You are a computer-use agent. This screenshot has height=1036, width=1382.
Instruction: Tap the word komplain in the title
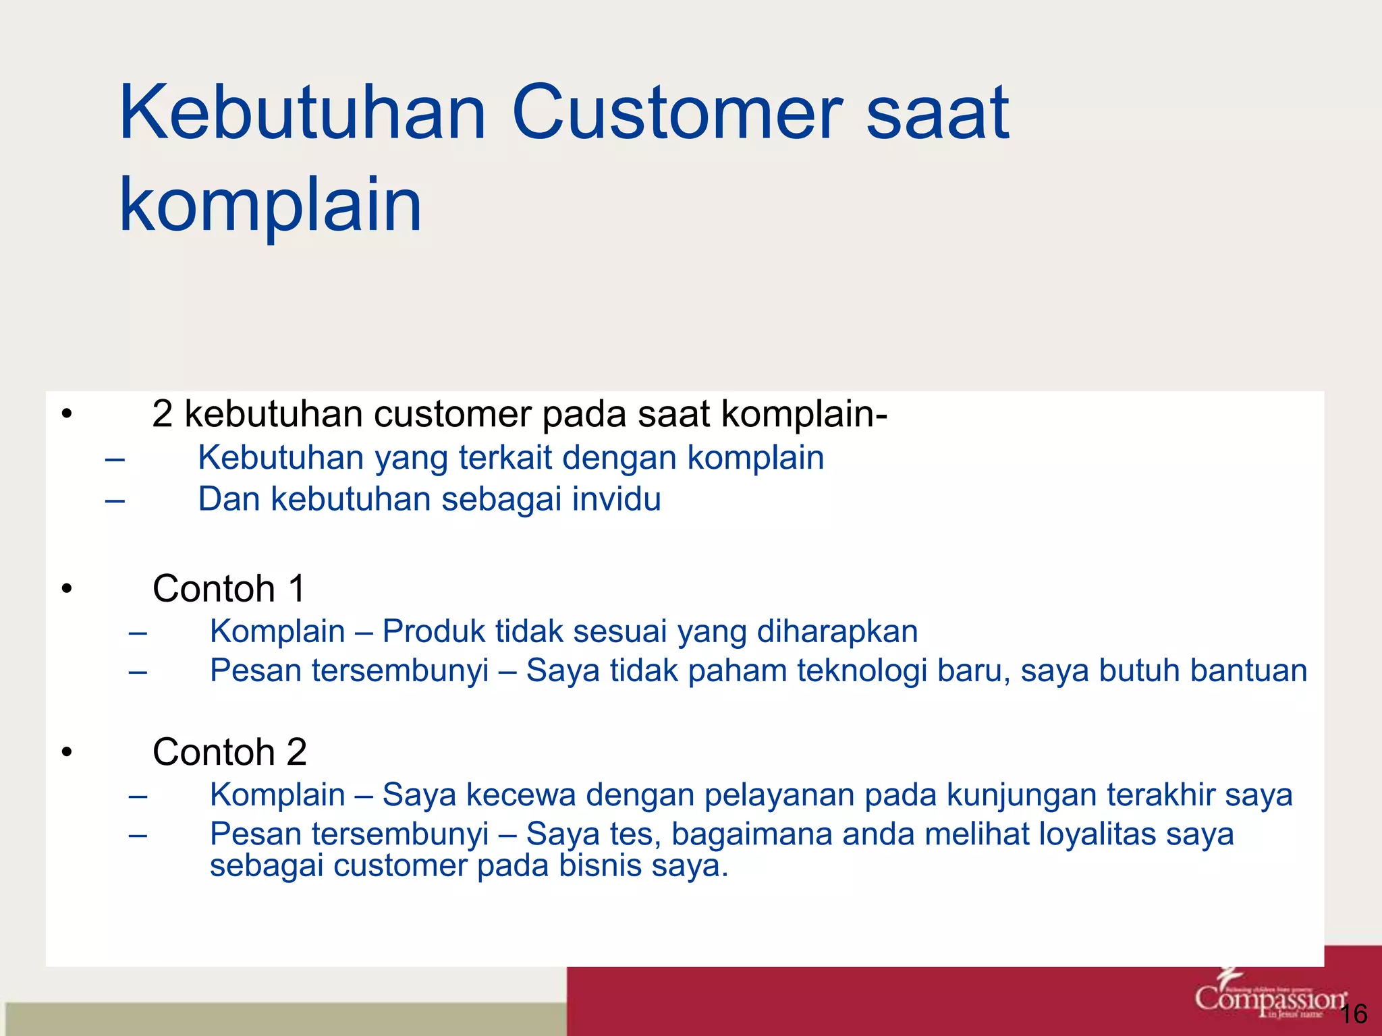point(271,204)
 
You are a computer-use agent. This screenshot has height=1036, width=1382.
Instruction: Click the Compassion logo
point(1269,999)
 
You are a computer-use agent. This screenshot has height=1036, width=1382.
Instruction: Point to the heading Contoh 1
point(229,589)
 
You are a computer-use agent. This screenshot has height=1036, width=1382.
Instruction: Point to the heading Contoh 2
point(229,752)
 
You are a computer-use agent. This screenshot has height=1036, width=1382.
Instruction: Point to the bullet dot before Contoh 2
point(66,753)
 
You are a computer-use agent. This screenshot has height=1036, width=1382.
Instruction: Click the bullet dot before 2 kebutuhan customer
point(66,414)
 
